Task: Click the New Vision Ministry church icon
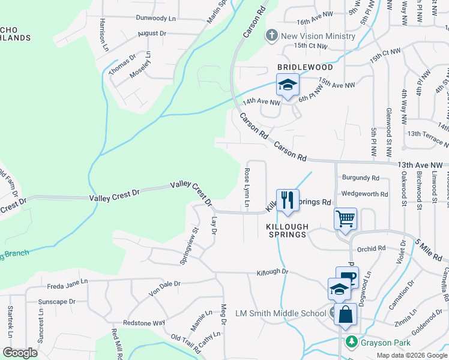click(x=271, y=35)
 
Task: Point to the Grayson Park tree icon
click(x=351, y=343)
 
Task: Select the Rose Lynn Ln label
click(x=247, y=187)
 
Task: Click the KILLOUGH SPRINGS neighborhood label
click(x=287, y=230)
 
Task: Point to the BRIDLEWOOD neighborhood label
click(x=305, y=68)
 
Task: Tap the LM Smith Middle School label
click(x=281, y=313)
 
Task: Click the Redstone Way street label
click(x=143, y=323)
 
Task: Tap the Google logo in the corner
click(x=20, y=353)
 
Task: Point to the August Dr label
click(x=151, y=34)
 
